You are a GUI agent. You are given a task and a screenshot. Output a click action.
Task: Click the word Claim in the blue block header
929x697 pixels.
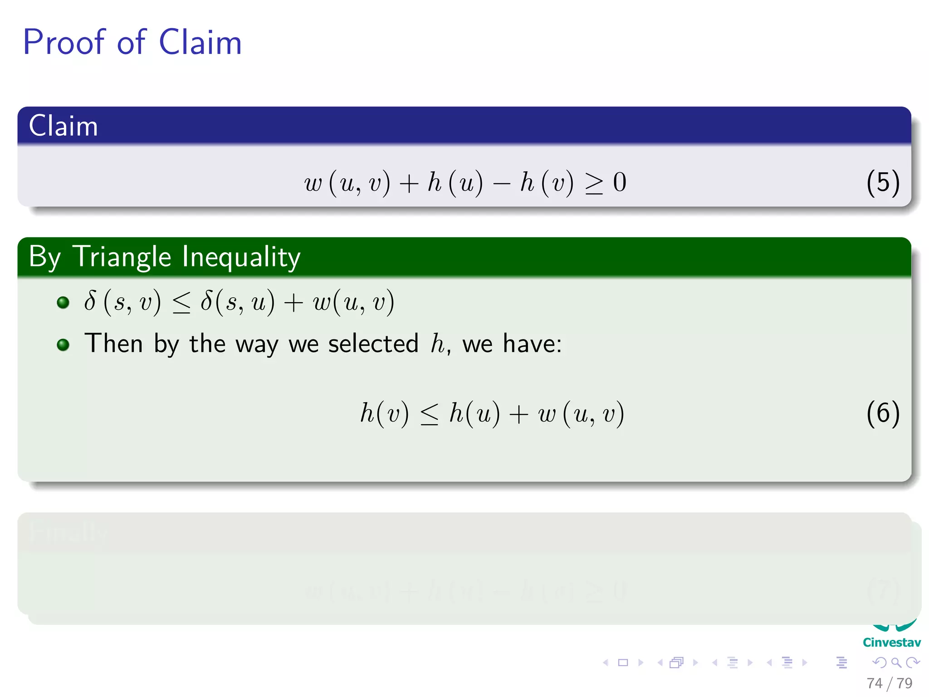click(x=63, y=126)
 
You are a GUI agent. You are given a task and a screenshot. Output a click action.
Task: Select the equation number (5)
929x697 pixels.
click(x=882, y=182)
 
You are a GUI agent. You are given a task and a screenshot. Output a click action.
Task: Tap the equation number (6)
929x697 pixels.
click(x=882, y=413)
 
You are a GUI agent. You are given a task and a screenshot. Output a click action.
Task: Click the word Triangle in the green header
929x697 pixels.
click(x=122, y=257)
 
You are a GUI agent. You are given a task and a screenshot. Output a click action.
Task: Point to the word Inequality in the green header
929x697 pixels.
click(x=241, y=257)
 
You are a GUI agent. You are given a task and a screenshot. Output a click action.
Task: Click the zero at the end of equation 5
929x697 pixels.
click(x=620, y=182)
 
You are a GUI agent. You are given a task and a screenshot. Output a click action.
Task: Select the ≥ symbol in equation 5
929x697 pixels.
click(x=594, y=183)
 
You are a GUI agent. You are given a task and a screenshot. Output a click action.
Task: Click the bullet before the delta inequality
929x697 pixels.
click(x=63, y=302)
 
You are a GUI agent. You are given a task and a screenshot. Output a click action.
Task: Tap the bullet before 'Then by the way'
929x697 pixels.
click(x=63, y=345)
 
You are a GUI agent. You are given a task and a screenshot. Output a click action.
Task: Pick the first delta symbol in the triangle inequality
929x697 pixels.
click(x=90, y=301)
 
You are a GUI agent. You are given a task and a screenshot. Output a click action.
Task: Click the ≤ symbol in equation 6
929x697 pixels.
click(x=429, y=414)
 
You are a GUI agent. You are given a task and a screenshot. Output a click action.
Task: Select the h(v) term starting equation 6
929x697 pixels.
click(x=384, y=413)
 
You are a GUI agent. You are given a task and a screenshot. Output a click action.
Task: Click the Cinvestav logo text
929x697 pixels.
click(x=891, y=643)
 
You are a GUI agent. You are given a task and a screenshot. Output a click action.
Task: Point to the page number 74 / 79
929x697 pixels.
click(x=889, y=683)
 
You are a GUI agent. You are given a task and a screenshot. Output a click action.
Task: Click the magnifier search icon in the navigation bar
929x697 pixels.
click(x=896, y=663)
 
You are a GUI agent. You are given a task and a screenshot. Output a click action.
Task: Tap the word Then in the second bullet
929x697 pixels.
click(x=113, y=344)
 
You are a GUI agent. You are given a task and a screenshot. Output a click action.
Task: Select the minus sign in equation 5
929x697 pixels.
click(x=501, y=184)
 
